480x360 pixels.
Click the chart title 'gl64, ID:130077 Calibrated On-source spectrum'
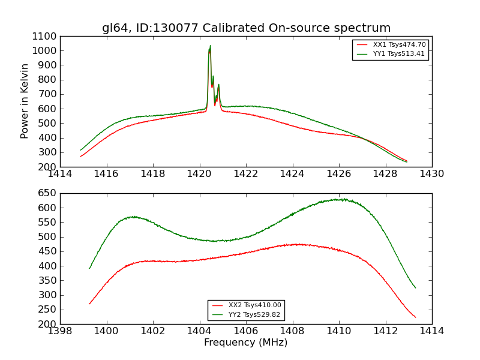coord(246,28)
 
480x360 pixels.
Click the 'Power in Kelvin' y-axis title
coord(25,101)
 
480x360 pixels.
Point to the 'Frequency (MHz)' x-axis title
coord(246,343)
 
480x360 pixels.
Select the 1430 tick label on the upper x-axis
coord(431,174)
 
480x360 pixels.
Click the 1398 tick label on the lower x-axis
coord(61,331)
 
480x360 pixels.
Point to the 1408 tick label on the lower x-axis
coord(293,331)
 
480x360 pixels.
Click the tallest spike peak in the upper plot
coord(210,46)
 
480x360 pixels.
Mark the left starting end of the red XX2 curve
coord(89,304)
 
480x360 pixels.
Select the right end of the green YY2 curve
coord(415,288)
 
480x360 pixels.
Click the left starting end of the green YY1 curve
coord(80,150)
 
